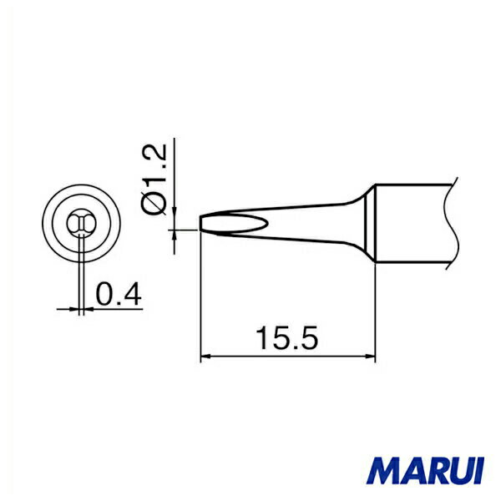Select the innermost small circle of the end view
[x=81, y=223]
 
